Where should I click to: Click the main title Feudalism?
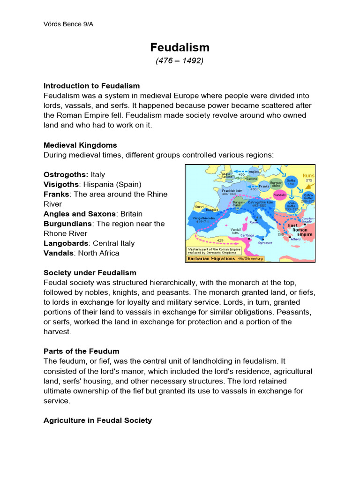180,47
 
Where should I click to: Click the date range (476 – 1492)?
180,61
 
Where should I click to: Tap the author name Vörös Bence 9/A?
68,24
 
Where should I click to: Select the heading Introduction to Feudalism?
91,86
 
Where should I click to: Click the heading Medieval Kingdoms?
80,145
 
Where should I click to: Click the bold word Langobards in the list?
67,243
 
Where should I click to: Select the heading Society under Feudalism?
90,272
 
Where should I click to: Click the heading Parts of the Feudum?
81,351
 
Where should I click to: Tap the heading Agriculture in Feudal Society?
97,420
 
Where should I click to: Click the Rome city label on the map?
254,222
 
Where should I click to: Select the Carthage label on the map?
247,235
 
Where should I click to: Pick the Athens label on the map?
296,239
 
